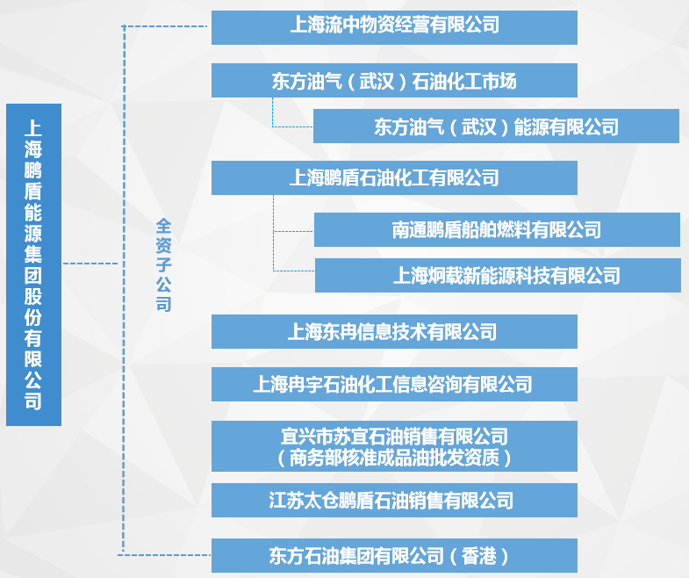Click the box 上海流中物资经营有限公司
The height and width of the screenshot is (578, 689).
coord(394,27)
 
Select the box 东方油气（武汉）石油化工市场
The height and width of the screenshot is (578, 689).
coord(394,81)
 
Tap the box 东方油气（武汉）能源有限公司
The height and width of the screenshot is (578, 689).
coord(496,126)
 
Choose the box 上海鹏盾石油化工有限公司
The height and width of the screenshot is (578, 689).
coord(394,178)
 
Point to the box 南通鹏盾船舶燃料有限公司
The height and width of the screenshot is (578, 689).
coord(496,230)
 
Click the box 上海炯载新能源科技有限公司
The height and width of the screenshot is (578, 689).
coord(496,276)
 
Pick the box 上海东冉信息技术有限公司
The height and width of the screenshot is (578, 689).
coord(394,331)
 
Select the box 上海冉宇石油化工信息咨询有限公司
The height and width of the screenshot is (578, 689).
coord(394,384)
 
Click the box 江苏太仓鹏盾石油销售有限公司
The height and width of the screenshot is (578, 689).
coord(394,501)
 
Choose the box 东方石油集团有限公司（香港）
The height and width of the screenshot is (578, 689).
coord(394,555)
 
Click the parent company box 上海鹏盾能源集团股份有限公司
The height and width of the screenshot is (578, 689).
coord(33,264)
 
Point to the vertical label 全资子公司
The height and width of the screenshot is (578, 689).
coord(163,264)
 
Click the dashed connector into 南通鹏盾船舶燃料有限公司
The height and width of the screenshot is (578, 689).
coord(293,231)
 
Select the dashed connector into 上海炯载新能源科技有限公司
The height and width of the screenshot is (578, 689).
coord(293,270)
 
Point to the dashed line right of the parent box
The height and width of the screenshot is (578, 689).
coord(90,263)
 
